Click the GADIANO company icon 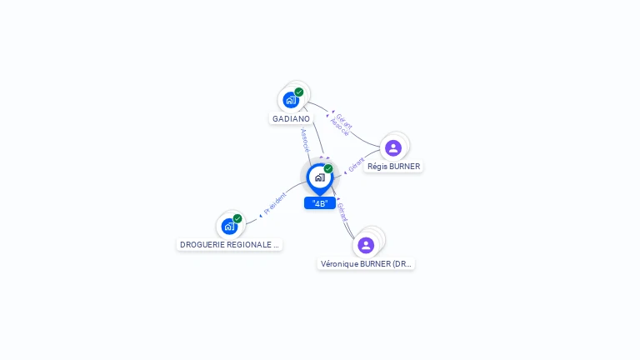(x=291, y=100)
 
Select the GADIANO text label (x=291, y=119)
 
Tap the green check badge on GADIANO (x=299, y=92)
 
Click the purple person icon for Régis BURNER (x=393, y=148)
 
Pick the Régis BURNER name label (x=393, y=167)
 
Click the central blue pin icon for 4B (x=319, y=177)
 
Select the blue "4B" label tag (x=320, y=203)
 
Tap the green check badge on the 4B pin (x=328, y=168)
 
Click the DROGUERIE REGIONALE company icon (x=229, y=226)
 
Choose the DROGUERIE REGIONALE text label (x=229, y=245)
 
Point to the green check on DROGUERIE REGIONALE (x=237, y=218)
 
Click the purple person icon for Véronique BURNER (x=366, y=245)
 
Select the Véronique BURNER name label (x=366, y=264)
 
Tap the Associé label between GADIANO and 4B (x=305, y=138)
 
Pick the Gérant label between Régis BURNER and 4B (x=357, y=165)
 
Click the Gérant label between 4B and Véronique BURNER (x=342, y=212)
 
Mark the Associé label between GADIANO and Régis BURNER (x=339, y=127)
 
